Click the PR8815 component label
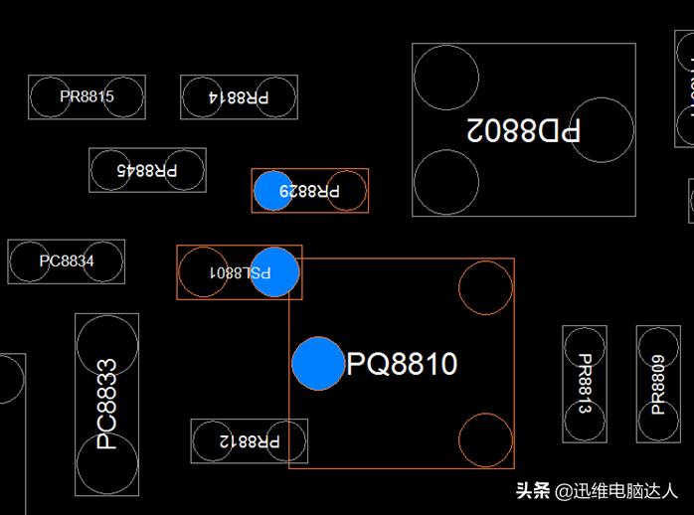87,97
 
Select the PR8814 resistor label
239,97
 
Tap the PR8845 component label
147,170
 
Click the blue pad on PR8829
272,190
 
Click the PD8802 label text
524,129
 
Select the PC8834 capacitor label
67,261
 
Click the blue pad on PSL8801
274,271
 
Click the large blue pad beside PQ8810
318,363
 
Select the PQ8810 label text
402,364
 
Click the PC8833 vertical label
106,405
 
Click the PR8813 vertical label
585,384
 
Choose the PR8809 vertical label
658,385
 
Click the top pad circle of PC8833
106,344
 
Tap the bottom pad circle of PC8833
106,464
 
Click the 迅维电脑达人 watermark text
615,490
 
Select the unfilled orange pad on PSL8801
204,271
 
